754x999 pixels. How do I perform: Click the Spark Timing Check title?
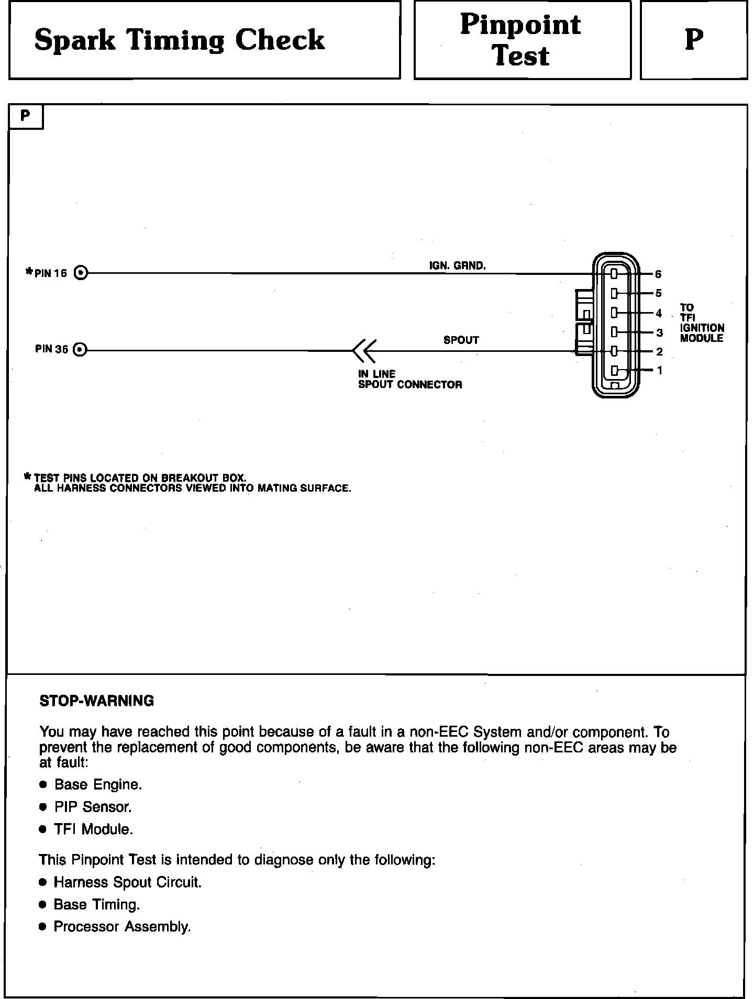tap(180, 40)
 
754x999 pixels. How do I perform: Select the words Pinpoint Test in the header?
tap(521, 40)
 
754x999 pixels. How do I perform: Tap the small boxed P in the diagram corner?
tap(25, 116)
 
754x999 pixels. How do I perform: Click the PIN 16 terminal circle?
tap(81, 273)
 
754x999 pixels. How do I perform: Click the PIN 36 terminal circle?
tap(80, 349)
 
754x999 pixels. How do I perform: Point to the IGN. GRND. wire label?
tap(457, 266)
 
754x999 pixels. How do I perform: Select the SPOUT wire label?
tap(461, 340)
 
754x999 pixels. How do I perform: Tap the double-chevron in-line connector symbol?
tap(364, 350)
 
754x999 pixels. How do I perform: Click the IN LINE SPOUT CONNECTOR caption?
tap(409, 380)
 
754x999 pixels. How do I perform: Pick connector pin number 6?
tap(658, 274)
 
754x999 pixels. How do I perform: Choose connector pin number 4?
tap(659, 314)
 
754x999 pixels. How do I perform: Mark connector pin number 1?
tap(660, 371)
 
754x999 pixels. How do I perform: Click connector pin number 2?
tap(659, 352)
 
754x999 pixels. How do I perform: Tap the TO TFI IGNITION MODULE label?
tap(702, 323)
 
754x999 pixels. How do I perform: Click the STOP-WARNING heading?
tap(97, 701)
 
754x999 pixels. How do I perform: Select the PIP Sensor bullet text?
tap(93, 807)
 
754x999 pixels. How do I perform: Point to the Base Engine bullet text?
tap(98, 784)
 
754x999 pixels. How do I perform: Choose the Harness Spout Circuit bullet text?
tap(127, 882)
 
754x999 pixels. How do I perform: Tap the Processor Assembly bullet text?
tap(122, 927)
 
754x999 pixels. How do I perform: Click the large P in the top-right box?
tap(694, 40)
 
